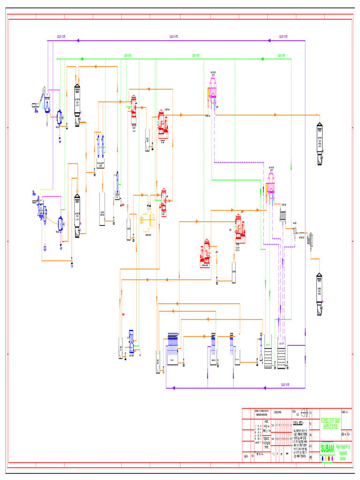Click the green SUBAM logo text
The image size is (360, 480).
click(x=328, y=448)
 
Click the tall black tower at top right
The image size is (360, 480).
click(x=320, y=144)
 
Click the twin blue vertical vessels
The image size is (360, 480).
click(x=100, y=146)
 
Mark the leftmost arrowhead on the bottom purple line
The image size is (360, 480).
click(x=174, y=388)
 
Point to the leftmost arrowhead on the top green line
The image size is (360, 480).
click(x=82, y=59)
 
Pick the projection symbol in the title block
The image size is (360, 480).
click(x=304, y=413)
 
